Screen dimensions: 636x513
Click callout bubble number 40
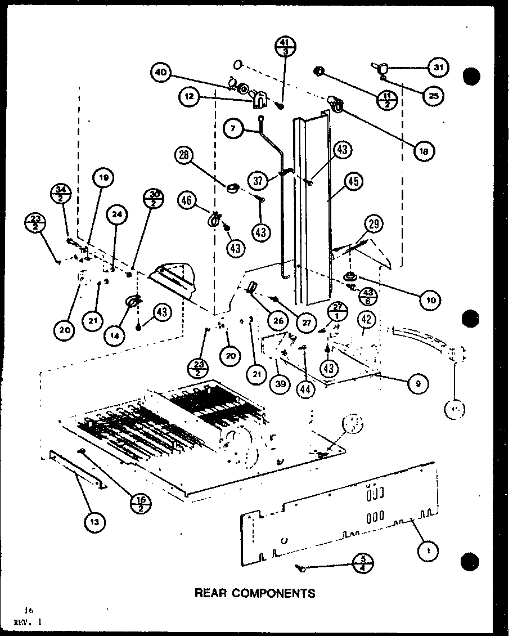(x=161, y=72)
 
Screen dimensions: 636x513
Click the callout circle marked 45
(x=353, y=182)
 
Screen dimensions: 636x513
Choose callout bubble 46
(x=188, y=200)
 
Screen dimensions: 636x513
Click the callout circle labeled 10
(x=433, y=300)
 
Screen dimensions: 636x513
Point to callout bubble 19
(x=104, y=180)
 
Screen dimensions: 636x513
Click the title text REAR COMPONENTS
(x=254, y=593)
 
